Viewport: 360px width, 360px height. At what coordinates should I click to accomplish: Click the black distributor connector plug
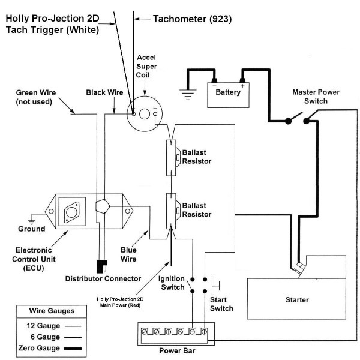[100, 265]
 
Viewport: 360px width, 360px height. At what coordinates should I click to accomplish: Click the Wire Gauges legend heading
[52, 311]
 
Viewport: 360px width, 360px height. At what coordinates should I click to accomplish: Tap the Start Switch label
[222, 304]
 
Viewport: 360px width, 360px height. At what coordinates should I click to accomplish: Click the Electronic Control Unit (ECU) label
[34, 257]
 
